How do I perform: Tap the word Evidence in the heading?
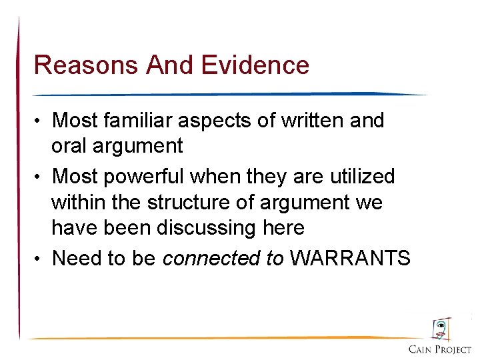(255, 65)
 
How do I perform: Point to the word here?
(283, 228)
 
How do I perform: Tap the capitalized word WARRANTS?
(351, 258)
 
